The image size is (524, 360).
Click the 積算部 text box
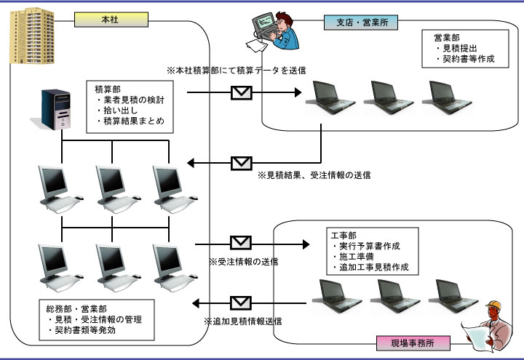(130, 105)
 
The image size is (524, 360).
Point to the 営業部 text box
(464, 48)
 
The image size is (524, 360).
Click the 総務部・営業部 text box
(99, 319)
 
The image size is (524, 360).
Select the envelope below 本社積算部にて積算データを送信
(242, 92)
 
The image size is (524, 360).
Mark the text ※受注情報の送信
(243, 261)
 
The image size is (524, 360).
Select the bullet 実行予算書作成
(373, 246)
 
